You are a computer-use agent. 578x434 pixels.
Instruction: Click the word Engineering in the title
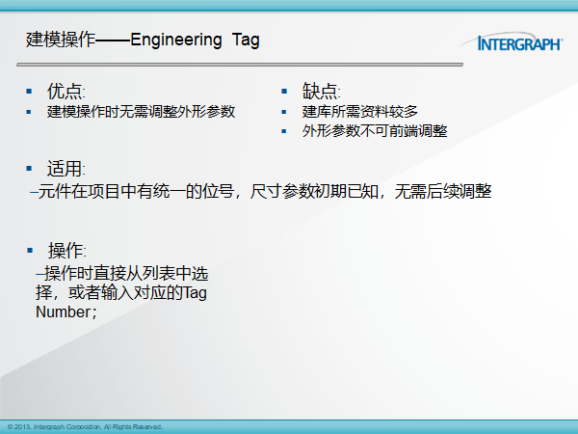click(176, 41)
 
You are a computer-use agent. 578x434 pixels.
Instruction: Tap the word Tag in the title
click(246, 41)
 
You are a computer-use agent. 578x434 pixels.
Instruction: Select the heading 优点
click(65, 91)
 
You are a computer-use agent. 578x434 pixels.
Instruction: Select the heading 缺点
click(320, 91)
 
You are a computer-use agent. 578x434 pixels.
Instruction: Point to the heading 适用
click(65, 169)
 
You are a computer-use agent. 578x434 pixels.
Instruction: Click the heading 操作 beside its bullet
click(66, 251)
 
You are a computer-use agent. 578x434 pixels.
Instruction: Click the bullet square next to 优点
click(29, 92)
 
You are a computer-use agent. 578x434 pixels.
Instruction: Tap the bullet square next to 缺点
click(284, 92)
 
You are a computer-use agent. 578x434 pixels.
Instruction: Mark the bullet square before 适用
click(29, 169)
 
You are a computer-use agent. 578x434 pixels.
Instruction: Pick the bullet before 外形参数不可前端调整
click(284, 131)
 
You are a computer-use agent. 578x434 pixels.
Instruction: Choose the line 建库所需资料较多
click(359, 112)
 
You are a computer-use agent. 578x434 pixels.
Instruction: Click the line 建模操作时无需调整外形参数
click(141, 112)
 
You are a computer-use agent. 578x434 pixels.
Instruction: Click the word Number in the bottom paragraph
click(63, 312)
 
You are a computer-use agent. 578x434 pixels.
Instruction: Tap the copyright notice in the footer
click(85, 427)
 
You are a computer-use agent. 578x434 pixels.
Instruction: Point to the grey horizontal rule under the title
click(240, 65)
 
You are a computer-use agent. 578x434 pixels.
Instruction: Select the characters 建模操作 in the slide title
click(61, 40)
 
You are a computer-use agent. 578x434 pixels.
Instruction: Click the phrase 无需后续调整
click(443, 191)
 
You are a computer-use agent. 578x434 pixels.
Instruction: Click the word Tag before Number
click(195, 293)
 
